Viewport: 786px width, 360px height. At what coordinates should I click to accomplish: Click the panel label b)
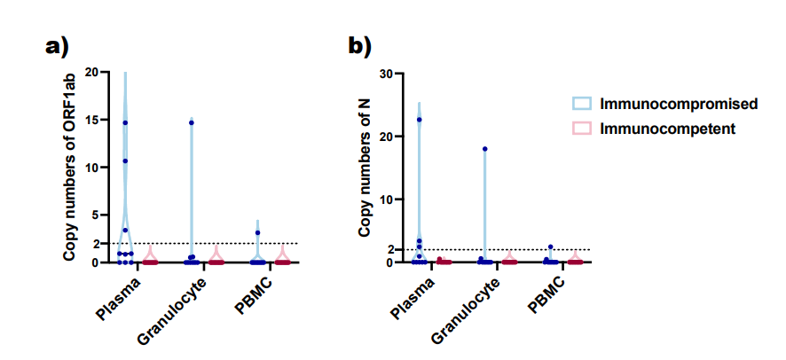coord(359,47)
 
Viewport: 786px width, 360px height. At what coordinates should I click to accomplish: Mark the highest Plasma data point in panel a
coord(125,122)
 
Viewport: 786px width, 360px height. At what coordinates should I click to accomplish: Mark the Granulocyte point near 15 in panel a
coord(192,122)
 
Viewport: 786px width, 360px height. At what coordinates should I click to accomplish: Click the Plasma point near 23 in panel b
coord(419,120)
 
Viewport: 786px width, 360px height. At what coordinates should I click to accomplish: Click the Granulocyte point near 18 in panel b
coord(484,149)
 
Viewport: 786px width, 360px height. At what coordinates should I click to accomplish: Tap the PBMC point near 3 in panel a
coord(257,233)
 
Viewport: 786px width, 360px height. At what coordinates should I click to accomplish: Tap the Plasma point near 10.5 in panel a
coord(125,161)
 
